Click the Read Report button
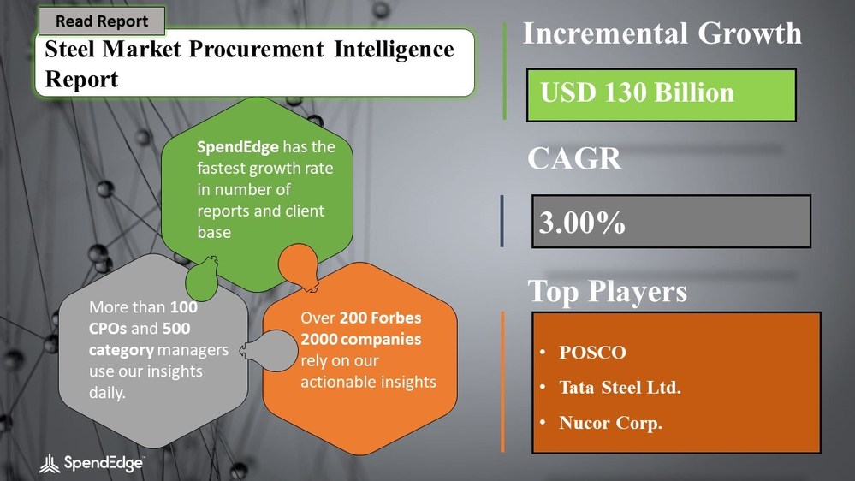tap(102, 21)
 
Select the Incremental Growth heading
tap(662, 33)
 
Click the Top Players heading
tap(607, 292)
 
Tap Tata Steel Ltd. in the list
tap(620, 388)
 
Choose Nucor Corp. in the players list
tap(610, 424)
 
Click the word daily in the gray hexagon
tap(109, 391)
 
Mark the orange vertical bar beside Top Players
tap(502, 380)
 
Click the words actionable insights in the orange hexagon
tap(368, 381)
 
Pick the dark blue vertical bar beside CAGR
tap(502, 222)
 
